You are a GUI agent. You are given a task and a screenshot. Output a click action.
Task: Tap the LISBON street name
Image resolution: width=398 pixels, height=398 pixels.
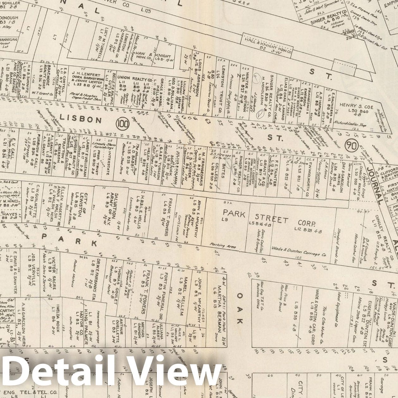point(81,119)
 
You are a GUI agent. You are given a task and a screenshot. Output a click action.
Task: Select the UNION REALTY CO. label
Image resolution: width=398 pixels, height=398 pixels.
point(134,78)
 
